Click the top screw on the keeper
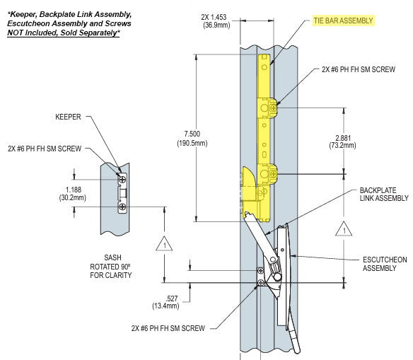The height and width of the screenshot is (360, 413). pos(123,180)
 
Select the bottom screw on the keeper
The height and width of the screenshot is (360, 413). pos(123,207)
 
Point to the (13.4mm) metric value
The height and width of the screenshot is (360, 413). pos(167,306)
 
